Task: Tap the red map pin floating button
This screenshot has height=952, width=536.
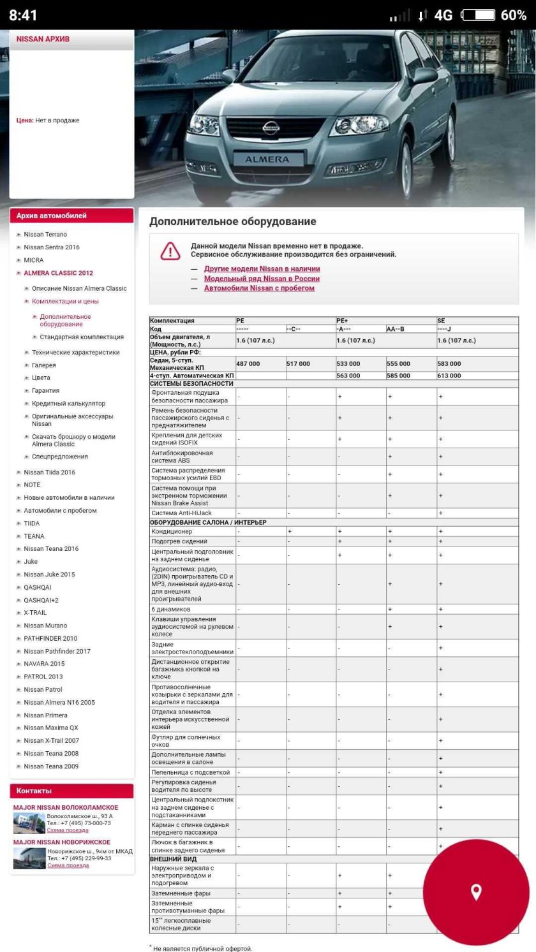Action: (476, 891)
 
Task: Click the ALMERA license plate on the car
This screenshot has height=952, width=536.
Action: (267, 159)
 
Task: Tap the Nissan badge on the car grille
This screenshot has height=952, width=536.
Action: (271, 127)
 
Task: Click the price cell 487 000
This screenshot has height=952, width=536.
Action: (248, 363)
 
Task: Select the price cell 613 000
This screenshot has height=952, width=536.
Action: (449, 376)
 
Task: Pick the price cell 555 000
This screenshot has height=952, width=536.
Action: (398, 363)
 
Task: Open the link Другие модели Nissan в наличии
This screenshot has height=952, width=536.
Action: (262, 269)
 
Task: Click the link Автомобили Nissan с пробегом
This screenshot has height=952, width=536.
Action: (259, 288)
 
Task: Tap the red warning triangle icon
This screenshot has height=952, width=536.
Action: (170, 251)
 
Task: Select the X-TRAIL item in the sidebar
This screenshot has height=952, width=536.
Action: (35, 613)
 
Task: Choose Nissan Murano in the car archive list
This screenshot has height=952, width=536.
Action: (45, 626)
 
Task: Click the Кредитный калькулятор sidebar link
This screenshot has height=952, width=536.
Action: (68, 404)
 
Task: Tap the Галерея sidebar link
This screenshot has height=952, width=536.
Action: (43, 365)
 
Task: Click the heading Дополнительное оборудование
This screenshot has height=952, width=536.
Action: (232, 222)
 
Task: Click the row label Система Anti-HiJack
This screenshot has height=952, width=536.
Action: (181, 513)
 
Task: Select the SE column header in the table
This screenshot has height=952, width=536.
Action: (441, 321)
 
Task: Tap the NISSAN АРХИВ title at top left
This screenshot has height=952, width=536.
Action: (43, 40)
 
